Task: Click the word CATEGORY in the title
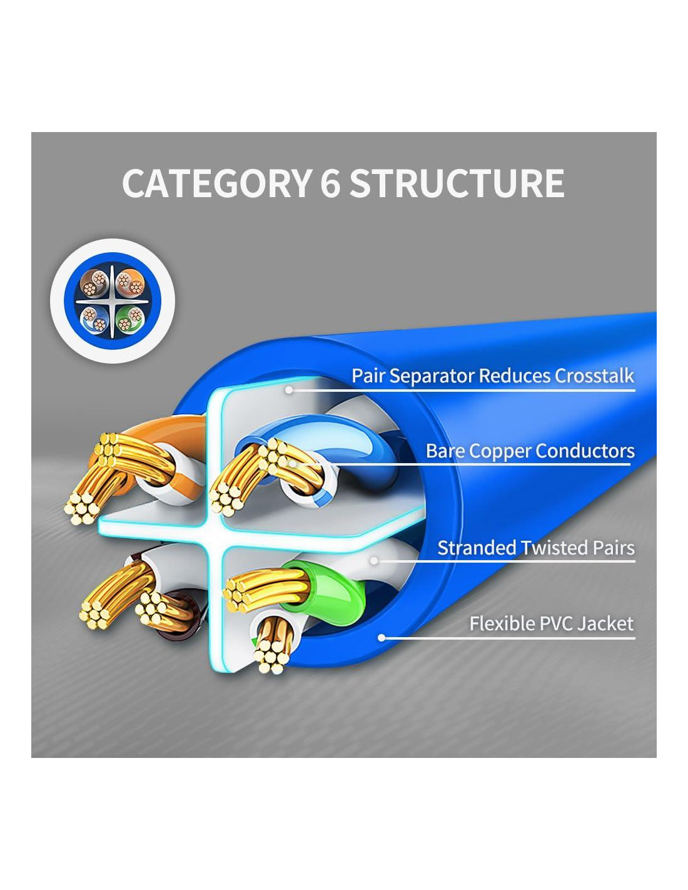click(x=216, y=183)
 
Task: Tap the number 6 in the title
click(x=330, y=183)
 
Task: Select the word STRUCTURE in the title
click(x=457, y=183)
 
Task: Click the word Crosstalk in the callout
click(x=594, y=376)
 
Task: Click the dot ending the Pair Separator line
click(x=289, y=390)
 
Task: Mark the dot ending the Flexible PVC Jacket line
click(x=382, y=638)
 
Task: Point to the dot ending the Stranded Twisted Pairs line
click(x=374, y=561)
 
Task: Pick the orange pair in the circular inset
click(x=129, y=283)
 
